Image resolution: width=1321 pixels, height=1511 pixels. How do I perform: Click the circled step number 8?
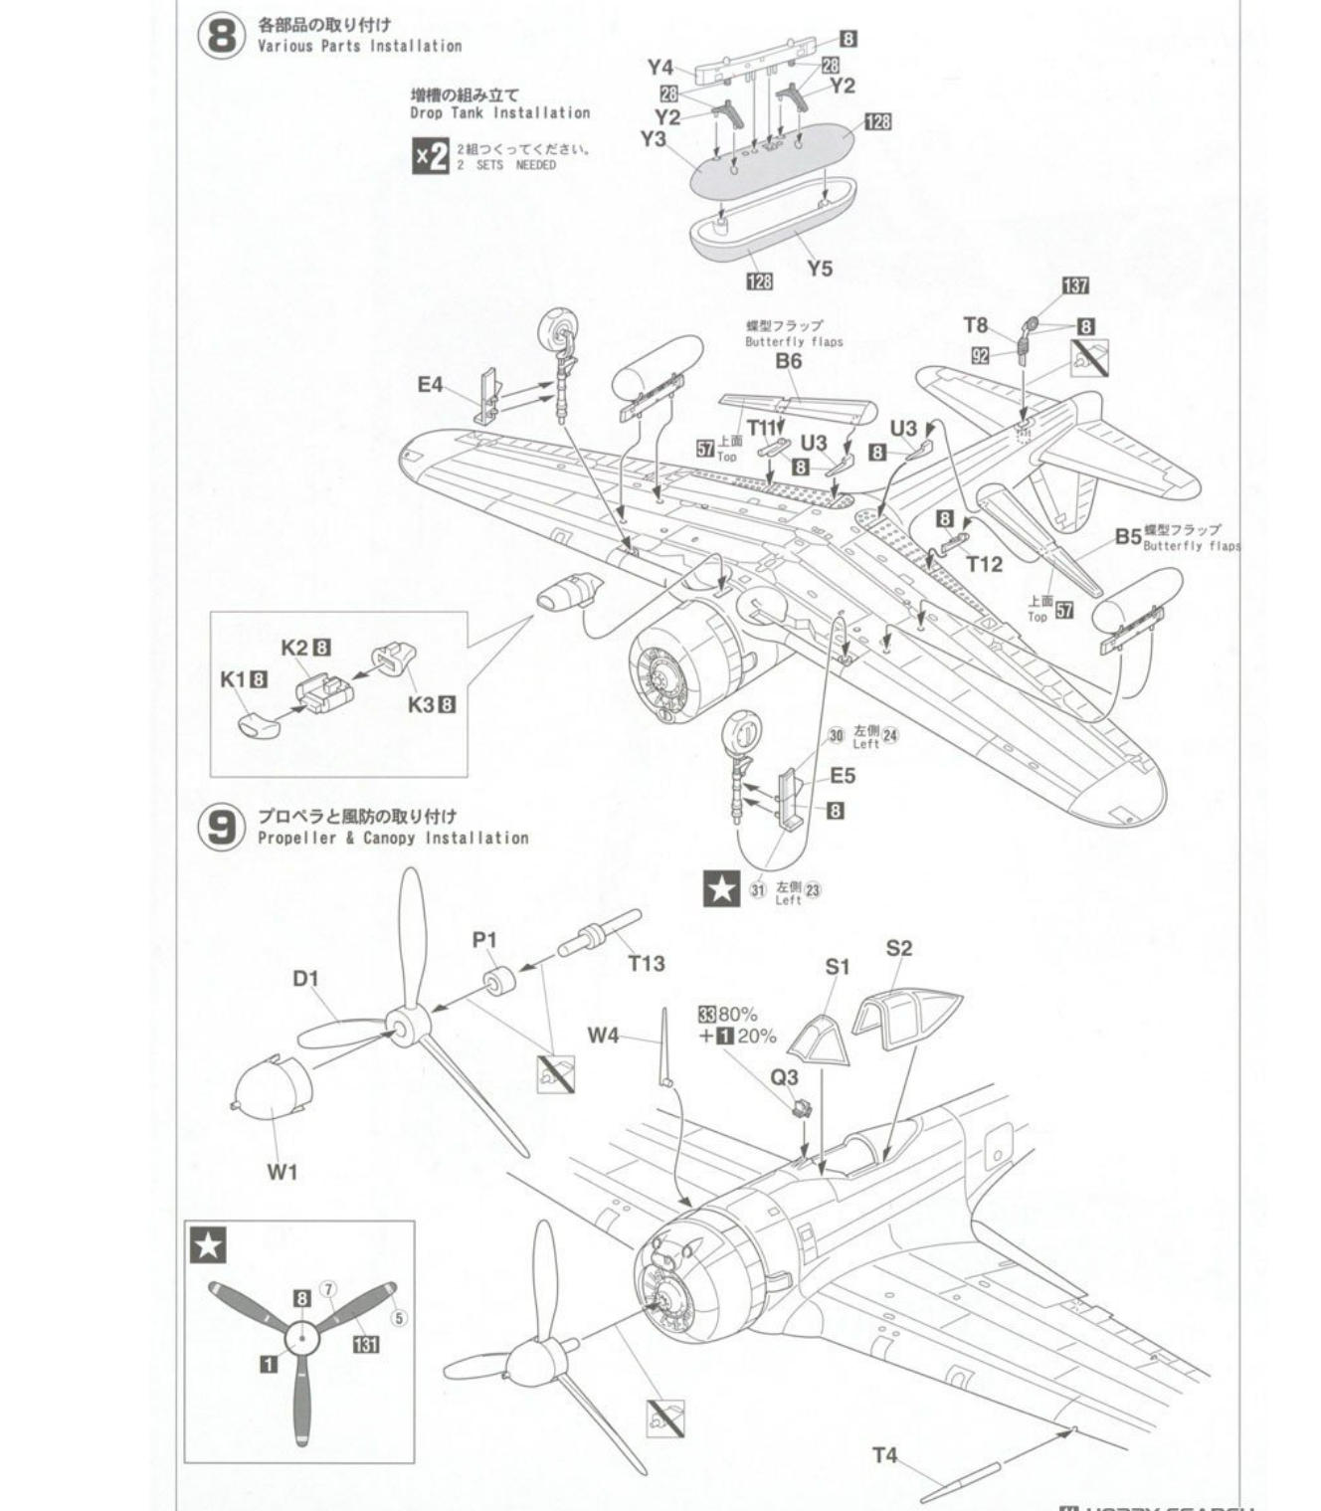(222, 36)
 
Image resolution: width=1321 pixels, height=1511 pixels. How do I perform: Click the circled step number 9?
(222, 828)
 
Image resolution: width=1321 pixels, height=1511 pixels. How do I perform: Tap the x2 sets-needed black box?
(431, 156)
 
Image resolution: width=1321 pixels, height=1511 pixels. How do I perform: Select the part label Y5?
(820, 269)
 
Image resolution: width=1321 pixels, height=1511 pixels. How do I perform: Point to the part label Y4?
(660, 68)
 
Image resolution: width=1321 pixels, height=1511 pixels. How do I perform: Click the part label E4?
(430, 384)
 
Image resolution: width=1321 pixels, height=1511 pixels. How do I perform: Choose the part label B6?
(788, 361)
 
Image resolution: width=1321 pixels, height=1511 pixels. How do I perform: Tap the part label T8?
(975, 325)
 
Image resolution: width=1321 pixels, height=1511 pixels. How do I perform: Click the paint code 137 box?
(1075, 286)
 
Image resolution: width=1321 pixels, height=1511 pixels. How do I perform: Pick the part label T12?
(984, 564)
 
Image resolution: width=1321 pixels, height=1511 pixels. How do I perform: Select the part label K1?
(232, 679)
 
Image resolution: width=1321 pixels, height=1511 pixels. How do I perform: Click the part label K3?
(421, 704)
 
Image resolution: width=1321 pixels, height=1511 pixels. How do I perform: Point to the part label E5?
(842, 776)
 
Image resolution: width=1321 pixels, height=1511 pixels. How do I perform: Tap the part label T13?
(646, 963)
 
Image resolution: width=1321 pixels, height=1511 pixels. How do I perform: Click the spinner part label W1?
(282, 1172)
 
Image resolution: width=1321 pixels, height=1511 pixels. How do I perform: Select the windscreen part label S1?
(838, 966)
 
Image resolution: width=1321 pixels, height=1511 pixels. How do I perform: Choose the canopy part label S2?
(898, 948)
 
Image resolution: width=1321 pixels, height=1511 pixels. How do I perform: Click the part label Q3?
(784, 1077)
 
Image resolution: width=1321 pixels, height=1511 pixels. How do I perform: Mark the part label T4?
(884, 1455)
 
